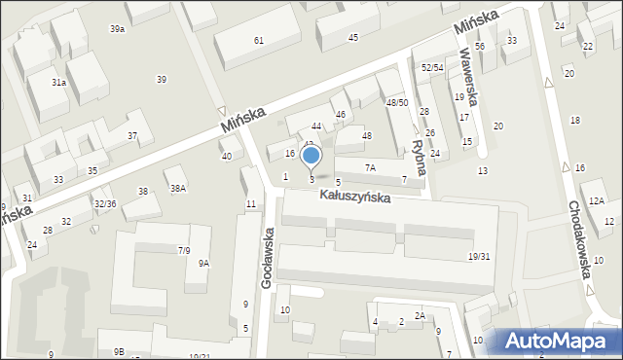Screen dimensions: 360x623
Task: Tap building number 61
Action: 258,40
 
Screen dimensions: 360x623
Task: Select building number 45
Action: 352,37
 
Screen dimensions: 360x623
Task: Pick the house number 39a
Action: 117,29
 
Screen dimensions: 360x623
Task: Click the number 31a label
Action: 58,83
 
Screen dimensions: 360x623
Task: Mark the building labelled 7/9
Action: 183,250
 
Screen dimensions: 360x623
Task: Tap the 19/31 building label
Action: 478,257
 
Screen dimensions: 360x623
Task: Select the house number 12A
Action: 596,199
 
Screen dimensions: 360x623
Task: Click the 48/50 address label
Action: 396,102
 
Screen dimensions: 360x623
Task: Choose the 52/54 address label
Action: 432,67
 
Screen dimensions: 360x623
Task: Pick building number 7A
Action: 370,167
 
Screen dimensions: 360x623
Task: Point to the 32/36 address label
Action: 105,203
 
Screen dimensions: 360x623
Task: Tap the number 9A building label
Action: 203,263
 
